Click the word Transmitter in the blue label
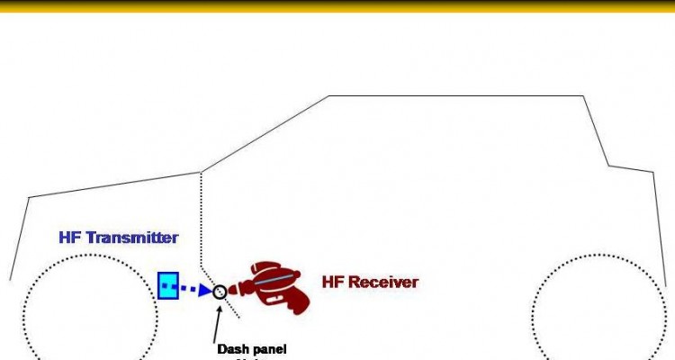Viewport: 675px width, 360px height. click(x=132, y=238)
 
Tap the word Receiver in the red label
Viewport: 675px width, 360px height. click(x=383, y=282)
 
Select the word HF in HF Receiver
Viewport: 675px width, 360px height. click(x=334, y=282)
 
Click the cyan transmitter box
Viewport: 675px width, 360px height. click(x=168, y=285)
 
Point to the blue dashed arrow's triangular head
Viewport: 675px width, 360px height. click(x=205, y=290)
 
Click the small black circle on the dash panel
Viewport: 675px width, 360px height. click(x=220, y=292)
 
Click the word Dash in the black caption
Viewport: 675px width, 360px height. click(x=232, y=348)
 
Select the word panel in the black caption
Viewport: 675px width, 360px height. click(x=269, y=348)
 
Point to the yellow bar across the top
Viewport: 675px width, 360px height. click(x=337, y=5)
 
